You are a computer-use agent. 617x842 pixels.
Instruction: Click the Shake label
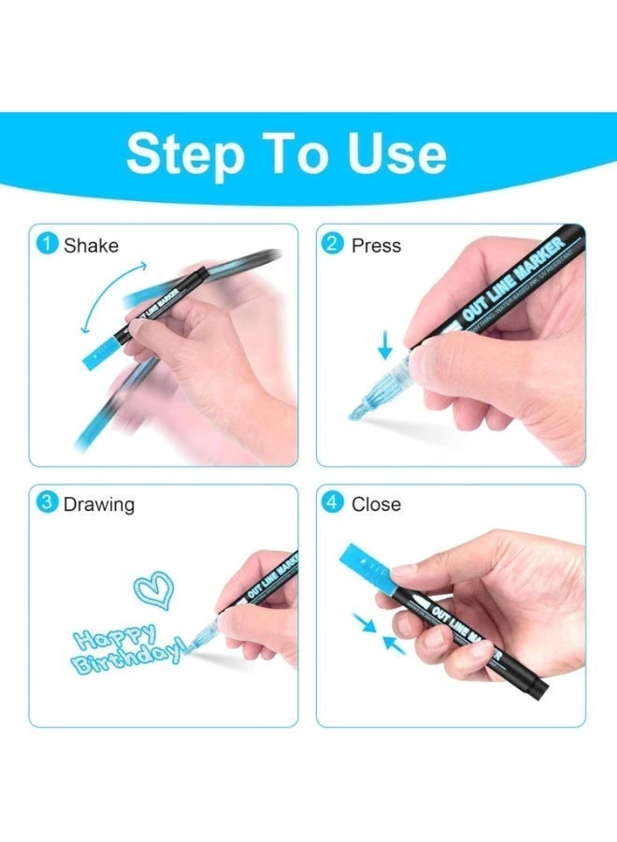coord(91,245)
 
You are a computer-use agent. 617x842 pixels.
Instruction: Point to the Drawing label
coord(98,504)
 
